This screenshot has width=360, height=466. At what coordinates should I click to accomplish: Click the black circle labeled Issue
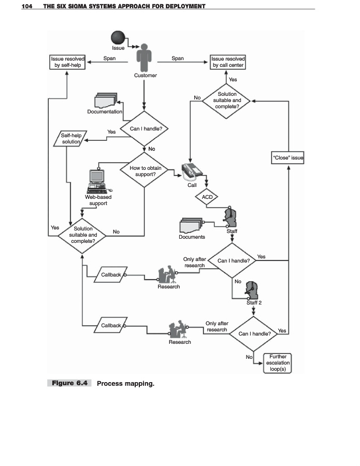coord(119,37)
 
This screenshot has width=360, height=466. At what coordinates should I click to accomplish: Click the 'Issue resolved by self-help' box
coord(67,62)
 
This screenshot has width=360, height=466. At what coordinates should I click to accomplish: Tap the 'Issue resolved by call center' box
coord(228,62)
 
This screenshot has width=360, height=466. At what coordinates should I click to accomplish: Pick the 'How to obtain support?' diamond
coord(145,171)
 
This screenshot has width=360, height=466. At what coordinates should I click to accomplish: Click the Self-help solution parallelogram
coord(68,139)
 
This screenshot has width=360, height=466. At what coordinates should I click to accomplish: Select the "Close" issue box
coord(287,157)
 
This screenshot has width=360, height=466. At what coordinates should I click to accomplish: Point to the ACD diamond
coord(207,197)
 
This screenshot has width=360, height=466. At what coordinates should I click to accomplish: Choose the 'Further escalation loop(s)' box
coord(278,362)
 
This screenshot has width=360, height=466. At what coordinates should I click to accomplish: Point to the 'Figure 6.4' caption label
coord(69,384)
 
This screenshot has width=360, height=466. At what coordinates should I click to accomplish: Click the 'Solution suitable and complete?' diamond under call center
coord(226,100)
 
